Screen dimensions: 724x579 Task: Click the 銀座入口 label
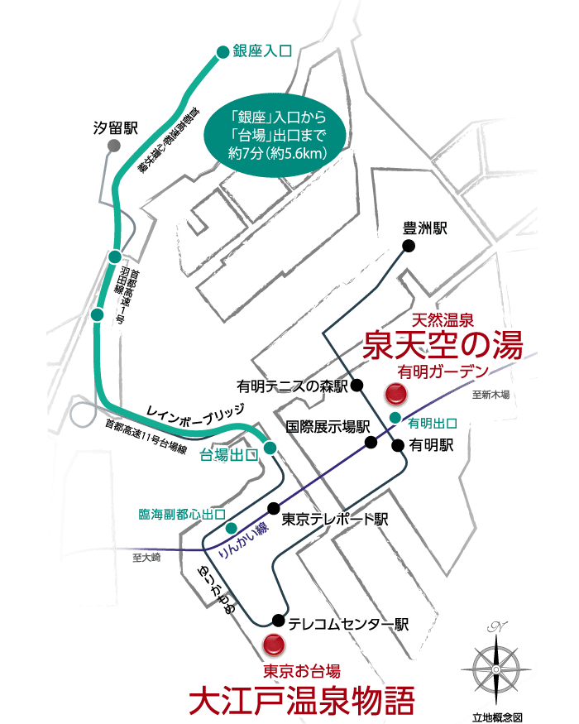click(x=263, y=51)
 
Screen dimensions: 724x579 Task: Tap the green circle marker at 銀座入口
click(x=222, y=52)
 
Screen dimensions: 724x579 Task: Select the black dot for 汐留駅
click(x=113, y=146)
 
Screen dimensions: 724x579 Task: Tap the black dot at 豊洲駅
click(x=408, y=246)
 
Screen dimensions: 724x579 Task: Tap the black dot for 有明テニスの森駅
click(x=357, y=385)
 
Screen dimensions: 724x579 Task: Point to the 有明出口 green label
click(x=433, y=423)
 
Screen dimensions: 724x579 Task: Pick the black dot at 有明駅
click(x=398, y=445)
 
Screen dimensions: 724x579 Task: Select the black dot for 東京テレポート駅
click(x=272, y=508)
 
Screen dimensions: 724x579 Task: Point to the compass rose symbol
click(x=495, y=667)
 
